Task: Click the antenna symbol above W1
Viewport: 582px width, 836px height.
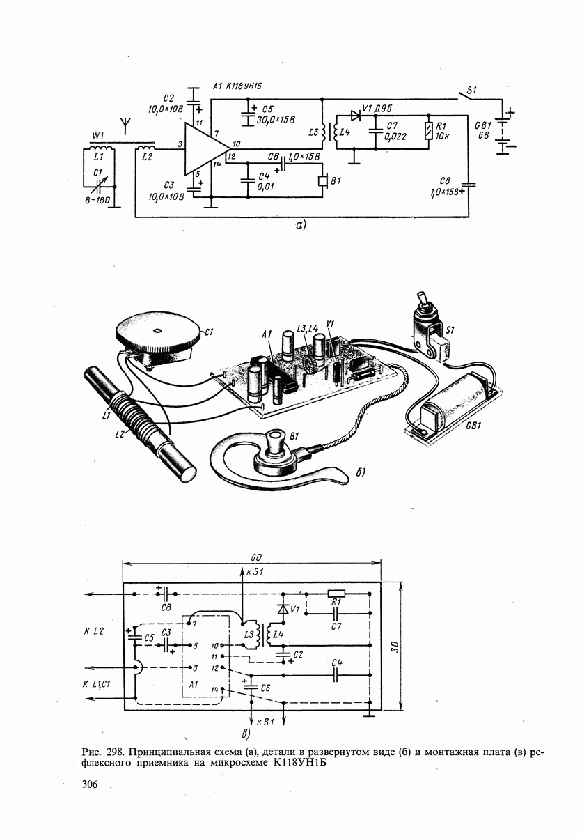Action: tap(125, 126)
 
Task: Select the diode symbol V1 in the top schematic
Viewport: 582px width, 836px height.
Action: tap(356, 116)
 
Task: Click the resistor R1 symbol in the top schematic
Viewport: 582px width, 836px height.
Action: tap(429, 131)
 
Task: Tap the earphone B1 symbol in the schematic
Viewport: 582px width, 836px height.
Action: tap(322, 181)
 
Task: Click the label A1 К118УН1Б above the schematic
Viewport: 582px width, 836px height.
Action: tap(237, 87)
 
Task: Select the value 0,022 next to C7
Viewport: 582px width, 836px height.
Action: tap(395, 137)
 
